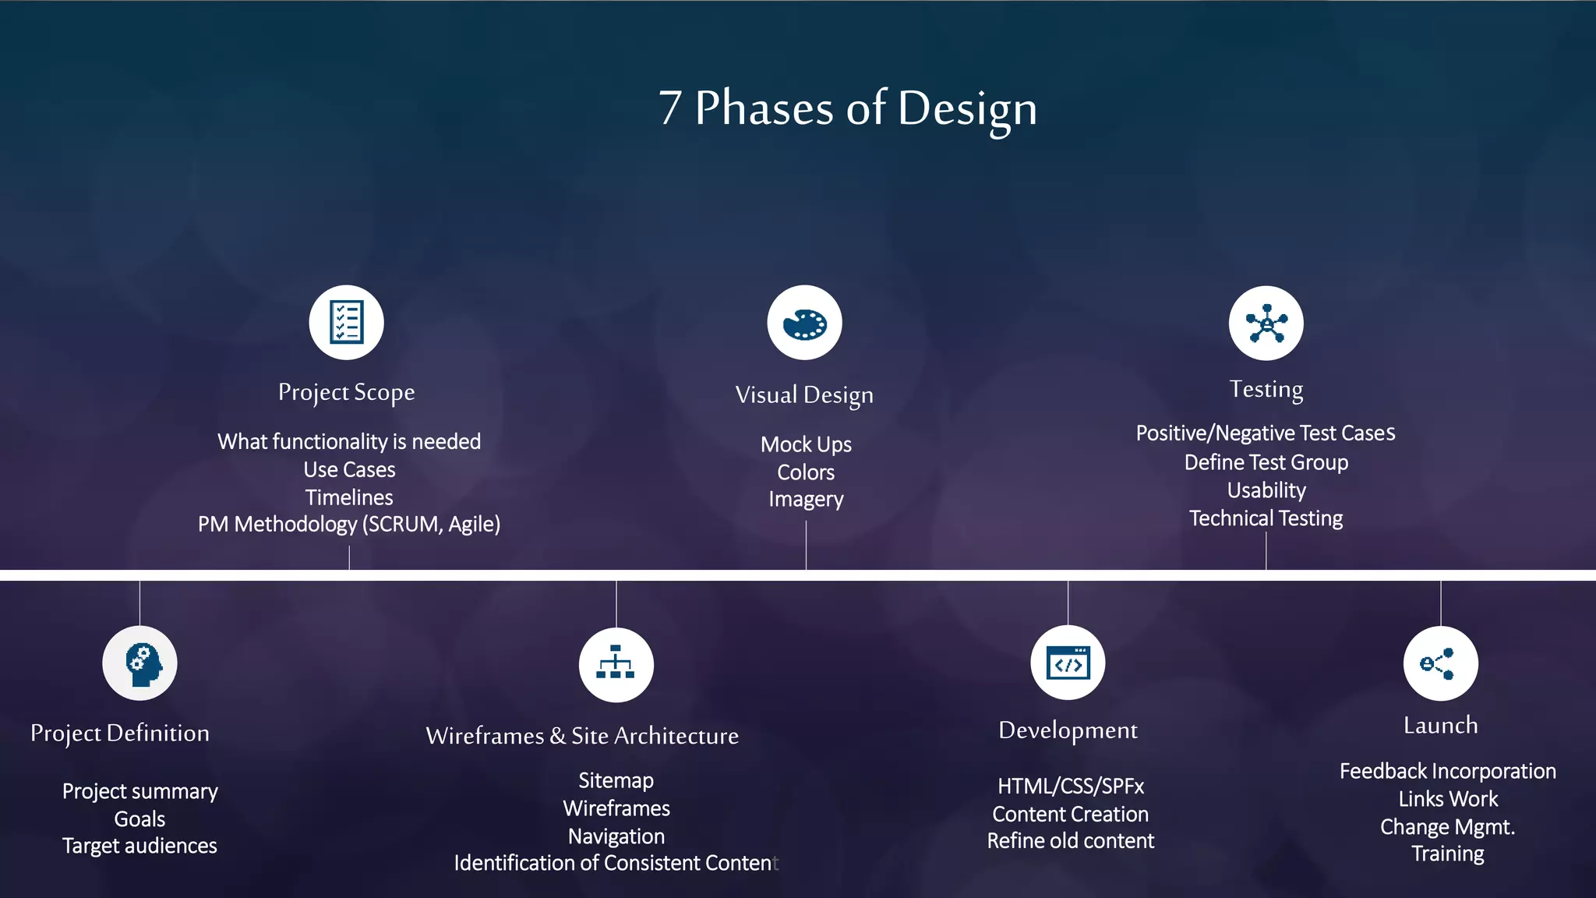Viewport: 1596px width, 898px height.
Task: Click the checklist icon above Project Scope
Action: [x=346, y=322]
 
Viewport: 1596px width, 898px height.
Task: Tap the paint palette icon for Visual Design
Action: [x=804, y=323]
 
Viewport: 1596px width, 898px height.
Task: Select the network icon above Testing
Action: [x=1266, y=323]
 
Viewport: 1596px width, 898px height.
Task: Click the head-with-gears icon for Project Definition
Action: [x=140, y=663]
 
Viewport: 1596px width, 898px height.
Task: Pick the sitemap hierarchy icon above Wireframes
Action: [x=616, y=664]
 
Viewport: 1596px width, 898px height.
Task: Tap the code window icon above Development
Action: [x=1068, y=663]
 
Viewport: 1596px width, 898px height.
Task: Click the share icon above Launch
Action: [x=1440, y=663]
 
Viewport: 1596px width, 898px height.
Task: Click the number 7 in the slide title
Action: [x=670, y=108]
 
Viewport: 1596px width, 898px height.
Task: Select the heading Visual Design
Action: [x=804, y=395]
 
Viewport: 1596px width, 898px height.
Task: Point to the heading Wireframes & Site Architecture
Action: [x=582, y=736]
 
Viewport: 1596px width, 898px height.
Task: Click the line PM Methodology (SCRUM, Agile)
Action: [x=349, y=524]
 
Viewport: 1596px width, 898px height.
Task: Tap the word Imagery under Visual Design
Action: [x=806, y=499]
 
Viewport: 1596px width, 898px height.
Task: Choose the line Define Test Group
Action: [x=1266, y=462]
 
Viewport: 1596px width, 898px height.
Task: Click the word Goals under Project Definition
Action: [x=139, y=819]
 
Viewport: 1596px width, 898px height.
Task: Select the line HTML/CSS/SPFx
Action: [x=1070, y=786]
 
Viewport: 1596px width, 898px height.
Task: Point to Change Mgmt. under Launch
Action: [x=1447, y=826]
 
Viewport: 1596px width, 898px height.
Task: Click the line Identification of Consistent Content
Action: [x=616, y=863]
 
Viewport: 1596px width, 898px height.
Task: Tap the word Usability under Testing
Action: [x=1266, y=490]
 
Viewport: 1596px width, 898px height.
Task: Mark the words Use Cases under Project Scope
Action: [x=349, y=469]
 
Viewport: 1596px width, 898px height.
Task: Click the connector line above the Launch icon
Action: [x=1440, y=603]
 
